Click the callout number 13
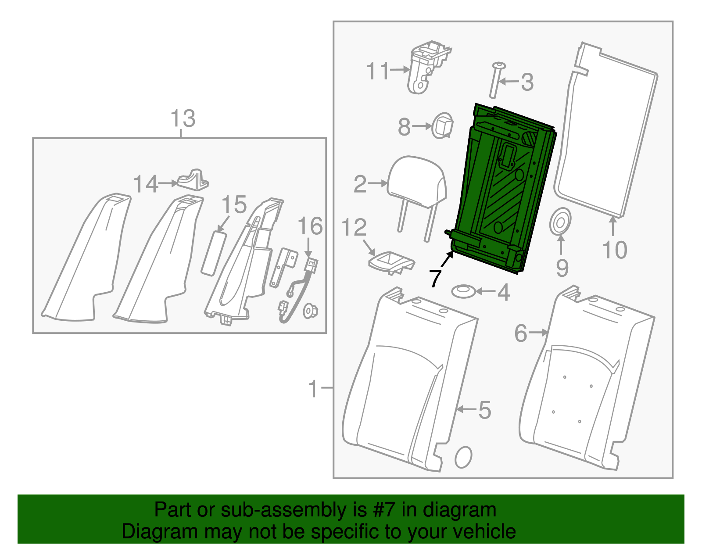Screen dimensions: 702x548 (183, 118)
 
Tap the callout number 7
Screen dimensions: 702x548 (435, 278)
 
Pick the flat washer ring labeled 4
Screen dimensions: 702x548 (463, 292)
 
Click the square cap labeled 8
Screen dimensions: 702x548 (442, 125)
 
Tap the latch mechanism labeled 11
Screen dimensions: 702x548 (428, 67)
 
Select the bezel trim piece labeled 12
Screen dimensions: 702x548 (391, 262)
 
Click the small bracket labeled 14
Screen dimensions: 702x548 (193, 180)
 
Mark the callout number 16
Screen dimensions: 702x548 (310, 226)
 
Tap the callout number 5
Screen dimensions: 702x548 (484, 410)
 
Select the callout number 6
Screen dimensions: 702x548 (520, 333)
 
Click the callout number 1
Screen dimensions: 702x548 (313, 389)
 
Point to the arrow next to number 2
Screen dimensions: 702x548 (378, 183)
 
